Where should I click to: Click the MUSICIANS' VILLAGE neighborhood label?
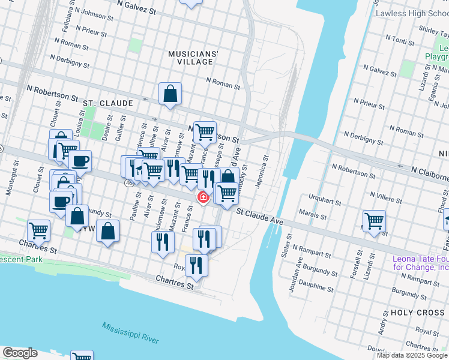coord(193,57)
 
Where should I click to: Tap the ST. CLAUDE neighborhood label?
coord(108,103)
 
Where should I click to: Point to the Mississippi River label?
coord(130,332)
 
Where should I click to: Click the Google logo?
coord(20,353)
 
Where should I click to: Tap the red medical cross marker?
coord(203,197)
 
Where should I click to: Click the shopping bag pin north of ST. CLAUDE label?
coord(170,94)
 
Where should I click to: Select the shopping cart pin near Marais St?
coord(374,221)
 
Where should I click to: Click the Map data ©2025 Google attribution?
coord(411,355)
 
